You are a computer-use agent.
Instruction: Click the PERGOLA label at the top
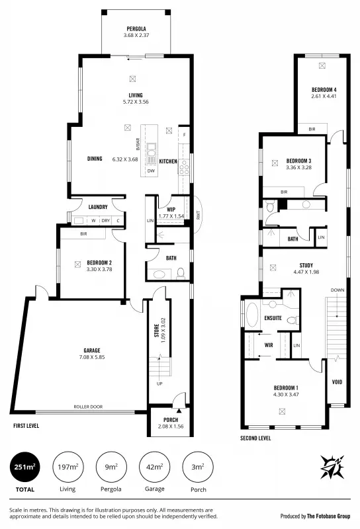[x=137, y=29]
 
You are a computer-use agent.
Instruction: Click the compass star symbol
[x=332, y=467]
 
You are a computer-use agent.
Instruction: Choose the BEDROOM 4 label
[x=324, y=89]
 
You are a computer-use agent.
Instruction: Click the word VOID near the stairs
[x=336, y=382]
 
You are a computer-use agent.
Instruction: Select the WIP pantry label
[x=171, y=210]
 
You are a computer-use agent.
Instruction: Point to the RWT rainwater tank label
[x=197, y=214]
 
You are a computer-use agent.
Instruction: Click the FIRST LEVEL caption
[x=26, y=427]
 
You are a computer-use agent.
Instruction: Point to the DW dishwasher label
[x=151, y=171]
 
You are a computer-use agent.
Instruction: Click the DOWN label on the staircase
[x=336, y=290]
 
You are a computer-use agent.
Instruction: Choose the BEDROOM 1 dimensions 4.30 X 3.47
[x=287, y=395]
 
